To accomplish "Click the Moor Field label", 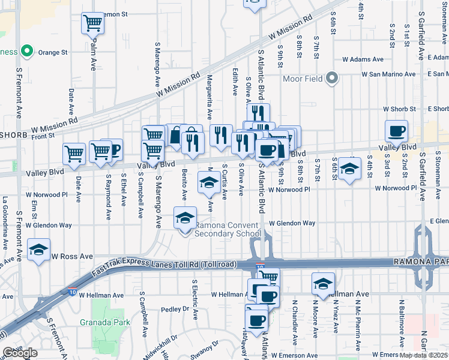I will (303, 79).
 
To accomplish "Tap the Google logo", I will (20, 353).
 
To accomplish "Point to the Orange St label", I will (53, 52).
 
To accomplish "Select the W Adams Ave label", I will (363, 59).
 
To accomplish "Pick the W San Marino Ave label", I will (388, 74).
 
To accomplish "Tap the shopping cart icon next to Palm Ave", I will (92, 23).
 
